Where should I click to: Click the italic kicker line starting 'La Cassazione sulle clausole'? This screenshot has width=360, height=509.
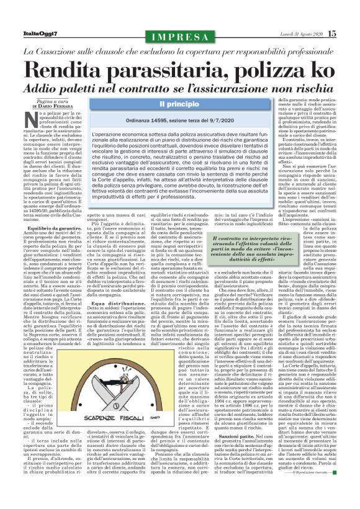[x=179, y=50]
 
